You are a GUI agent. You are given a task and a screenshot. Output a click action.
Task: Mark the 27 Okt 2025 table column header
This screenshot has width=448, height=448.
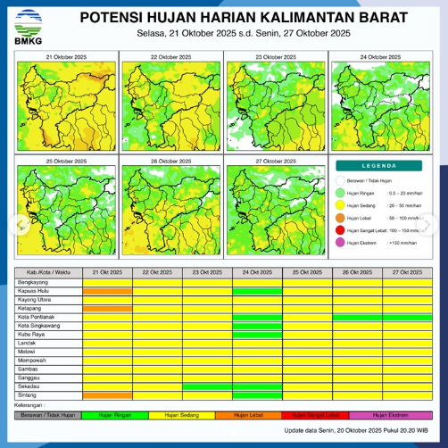[407, 271]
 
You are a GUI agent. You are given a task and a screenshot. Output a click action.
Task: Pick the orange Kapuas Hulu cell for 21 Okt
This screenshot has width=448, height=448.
[107, 291]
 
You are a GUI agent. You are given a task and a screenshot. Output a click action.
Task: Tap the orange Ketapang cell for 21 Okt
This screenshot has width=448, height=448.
[107, 309]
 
